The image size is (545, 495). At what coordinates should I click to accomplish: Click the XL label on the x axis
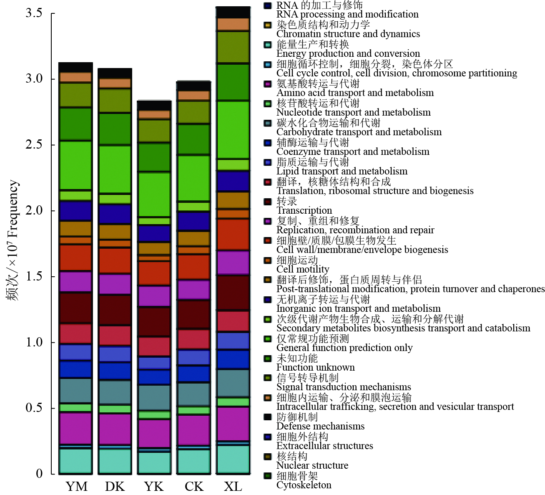[x=233, y=487]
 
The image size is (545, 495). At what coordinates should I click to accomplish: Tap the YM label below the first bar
[x=76, y=487]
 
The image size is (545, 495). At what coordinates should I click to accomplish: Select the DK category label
[x=115, y=487]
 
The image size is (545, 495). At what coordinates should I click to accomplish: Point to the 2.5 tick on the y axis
[x=34, y=145]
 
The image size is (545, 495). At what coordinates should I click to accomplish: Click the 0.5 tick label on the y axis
[x=34, y=408]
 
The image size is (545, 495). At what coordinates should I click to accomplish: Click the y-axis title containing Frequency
[x=13, y=240]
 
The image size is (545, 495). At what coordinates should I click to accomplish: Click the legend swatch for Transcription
[x=268, y=202]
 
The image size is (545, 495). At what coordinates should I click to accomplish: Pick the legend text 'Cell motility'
[x=303, y=269]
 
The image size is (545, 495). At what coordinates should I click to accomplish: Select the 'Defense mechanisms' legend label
[x=320, y=426]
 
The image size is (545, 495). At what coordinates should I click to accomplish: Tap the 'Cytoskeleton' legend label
[x=304, y=485]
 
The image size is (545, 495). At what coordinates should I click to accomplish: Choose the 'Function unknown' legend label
[x=315, y=367]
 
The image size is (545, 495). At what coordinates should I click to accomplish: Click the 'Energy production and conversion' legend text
[x=348, y=53]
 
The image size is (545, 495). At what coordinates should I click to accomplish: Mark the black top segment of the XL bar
[x=233, y=13]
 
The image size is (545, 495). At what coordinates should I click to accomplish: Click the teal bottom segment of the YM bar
[x=75, y=461]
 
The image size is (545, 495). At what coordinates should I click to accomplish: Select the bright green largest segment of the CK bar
[x=193, y=178]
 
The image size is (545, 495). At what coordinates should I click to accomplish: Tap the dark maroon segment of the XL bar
[x=233, y=293]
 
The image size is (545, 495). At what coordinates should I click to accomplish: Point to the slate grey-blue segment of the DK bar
[x=115, y=392]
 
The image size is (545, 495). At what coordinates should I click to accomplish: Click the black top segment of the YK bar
[x=154, y=106]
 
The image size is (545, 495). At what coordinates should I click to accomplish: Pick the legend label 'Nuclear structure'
[x=312, y=465]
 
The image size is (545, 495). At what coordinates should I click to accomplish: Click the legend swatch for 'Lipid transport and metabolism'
[x=268, y=162]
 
